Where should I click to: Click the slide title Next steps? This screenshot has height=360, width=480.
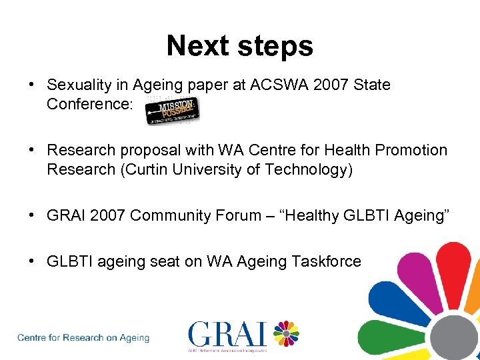tap(239, 46)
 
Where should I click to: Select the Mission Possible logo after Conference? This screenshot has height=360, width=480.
tap(173, 111)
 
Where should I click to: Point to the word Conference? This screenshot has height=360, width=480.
tap(90, 105)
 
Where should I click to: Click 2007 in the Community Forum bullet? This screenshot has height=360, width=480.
tap(109, 215)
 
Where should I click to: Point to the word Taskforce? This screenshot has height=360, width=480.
tap(326, 262)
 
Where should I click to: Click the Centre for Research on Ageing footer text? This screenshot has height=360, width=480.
tap(84, 338)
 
